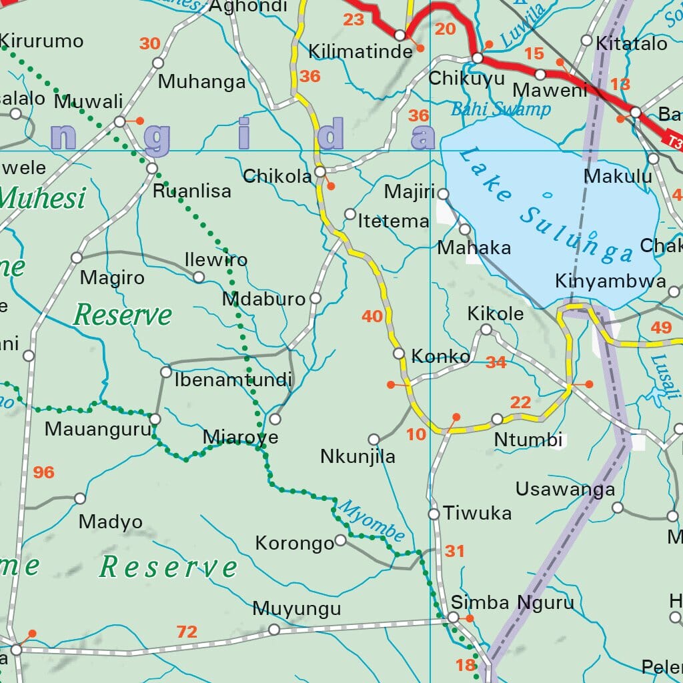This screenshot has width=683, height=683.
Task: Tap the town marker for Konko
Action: [x=399, y=354]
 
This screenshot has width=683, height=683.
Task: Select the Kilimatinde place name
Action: [x=360, y=52]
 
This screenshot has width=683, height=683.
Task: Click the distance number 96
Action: [x=43, y=473]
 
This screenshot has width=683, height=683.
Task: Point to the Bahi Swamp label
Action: [x=501, y=109]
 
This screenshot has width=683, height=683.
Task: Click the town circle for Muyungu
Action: [x=273, y=630]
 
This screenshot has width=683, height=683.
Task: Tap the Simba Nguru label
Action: [x=512, y=603]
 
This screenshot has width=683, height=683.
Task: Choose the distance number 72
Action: [x=187, y=632]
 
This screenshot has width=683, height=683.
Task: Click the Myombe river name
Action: [x=371, y=520]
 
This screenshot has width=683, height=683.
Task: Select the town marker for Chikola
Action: [x=320, y=172]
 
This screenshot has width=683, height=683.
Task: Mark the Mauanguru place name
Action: [x=98, y=429]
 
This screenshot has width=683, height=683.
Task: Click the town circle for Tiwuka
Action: [x=434, y=514]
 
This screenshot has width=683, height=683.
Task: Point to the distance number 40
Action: [x=372, y=316]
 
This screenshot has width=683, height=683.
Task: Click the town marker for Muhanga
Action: [x=158, y=63]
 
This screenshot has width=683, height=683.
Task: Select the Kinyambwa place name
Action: [x=610, y=281]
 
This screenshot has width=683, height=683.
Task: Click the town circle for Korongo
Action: [x=340, y=540]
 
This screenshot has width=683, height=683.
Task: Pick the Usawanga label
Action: [x=565, y=490]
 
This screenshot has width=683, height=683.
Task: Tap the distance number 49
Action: [x=661, y=327]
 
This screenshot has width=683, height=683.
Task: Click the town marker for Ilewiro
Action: [x=199, y=277]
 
